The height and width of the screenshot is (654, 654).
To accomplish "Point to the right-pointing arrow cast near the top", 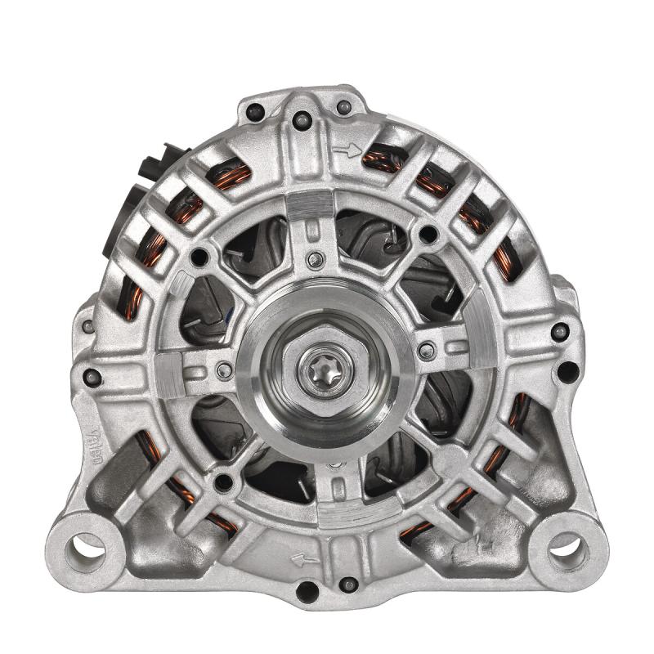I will [347, 150].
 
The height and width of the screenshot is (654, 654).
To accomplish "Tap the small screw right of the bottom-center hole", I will [348, 584].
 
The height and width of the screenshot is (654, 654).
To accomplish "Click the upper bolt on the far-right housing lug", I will [560, 332].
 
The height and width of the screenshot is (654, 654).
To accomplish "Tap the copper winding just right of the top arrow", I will [384, 158].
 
